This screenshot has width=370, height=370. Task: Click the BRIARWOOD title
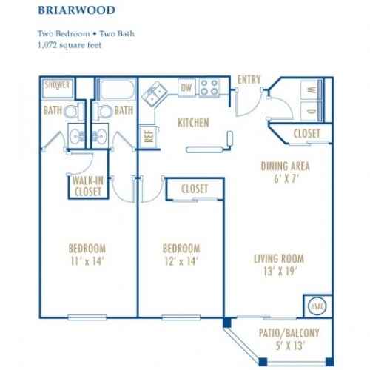(x=76, y=10)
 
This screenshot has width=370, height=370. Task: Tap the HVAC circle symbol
(x=317, y=306)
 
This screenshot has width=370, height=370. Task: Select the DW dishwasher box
(x=186, y=87)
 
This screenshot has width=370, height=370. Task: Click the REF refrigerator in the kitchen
(x=149, y=136)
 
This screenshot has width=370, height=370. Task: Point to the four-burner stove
(x=209, y=87)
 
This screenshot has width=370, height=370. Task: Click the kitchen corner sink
(x=155, y=94)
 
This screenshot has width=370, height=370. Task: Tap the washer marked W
(x=312, y=90)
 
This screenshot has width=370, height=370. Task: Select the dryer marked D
(x=312, y=111)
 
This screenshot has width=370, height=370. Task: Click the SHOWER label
(x=57, y=85)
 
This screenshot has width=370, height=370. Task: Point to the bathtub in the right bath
(x=117, y=90)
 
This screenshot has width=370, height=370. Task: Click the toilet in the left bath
(x=74, y=112)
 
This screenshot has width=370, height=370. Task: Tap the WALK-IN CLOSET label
(x=88, y=186)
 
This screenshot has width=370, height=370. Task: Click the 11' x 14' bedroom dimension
(x=87, y=262)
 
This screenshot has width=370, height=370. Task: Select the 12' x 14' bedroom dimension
(x=181, y=262)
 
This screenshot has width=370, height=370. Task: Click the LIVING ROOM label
(x=279, y=259)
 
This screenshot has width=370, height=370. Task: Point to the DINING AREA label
(x=286, y=166)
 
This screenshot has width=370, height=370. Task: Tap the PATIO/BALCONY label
(x=289, y=333)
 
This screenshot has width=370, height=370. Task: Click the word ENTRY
(x=249, y=80)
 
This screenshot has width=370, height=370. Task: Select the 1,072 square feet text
(x=70, y=45)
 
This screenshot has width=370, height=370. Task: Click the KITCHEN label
(x=193, y=123)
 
